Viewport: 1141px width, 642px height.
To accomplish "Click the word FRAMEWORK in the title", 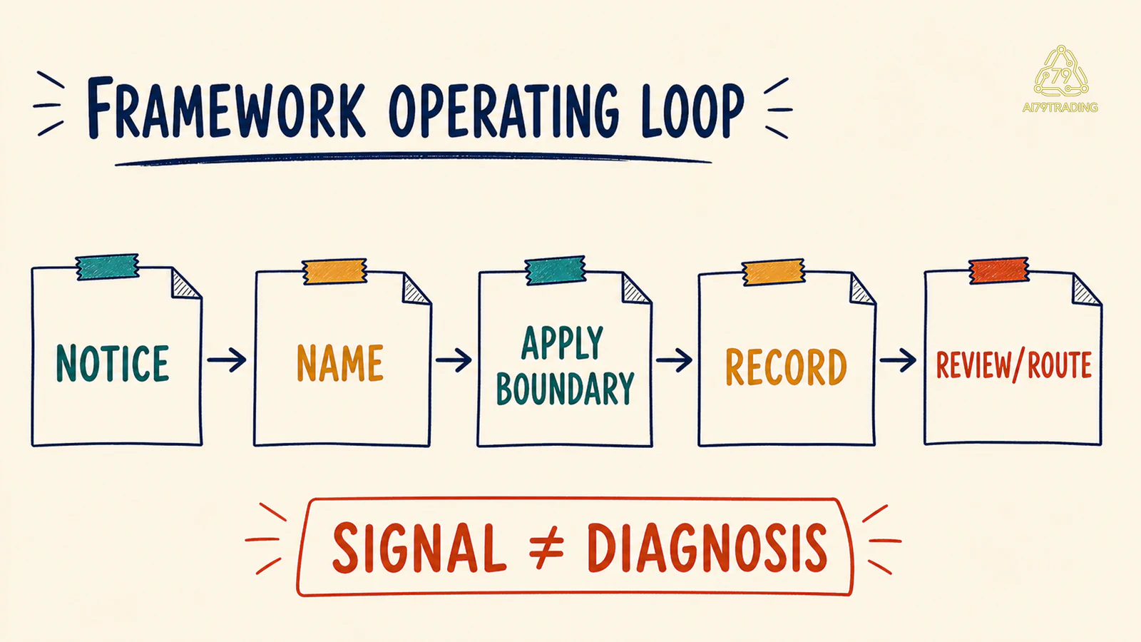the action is tap(226, 108).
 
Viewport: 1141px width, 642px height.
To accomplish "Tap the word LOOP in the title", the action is tap(692, 111).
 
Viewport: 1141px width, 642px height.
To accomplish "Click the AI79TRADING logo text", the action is tap(1060, 107).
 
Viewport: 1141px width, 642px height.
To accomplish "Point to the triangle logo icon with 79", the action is tap(1061, 71).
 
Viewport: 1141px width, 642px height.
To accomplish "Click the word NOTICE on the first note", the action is tap(112, 363).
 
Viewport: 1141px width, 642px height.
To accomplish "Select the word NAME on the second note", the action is tap(339, 363).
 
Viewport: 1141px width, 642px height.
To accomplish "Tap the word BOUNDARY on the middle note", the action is tap(565, 389).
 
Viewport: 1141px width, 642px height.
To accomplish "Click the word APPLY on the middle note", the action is tap(563, 343).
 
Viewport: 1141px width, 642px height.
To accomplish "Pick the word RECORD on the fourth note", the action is tap(786, 367).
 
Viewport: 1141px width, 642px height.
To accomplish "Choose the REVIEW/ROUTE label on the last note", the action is tap(1013, 365).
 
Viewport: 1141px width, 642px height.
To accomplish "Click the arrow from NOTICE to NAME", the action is tap(227, 360).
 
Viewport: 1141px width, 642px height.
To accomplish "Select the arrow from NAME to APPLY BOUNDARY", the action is tap(454, 360).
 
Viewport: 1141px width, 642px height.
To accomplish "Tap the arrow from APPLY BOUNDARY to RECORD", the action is tap(674, 360).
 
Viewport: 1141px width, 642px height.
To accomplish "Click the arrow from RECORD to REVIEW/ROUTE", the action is tap(898, 360).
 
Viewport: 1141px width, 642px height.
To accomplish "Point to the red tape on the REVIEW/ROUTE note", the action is tap(998, 270).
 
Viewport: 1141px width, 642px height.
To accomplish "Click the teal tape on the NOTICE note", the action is tap(108, 267).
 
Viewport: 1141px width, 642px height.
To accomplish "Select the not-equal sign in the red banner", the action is tap(546, 546).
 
